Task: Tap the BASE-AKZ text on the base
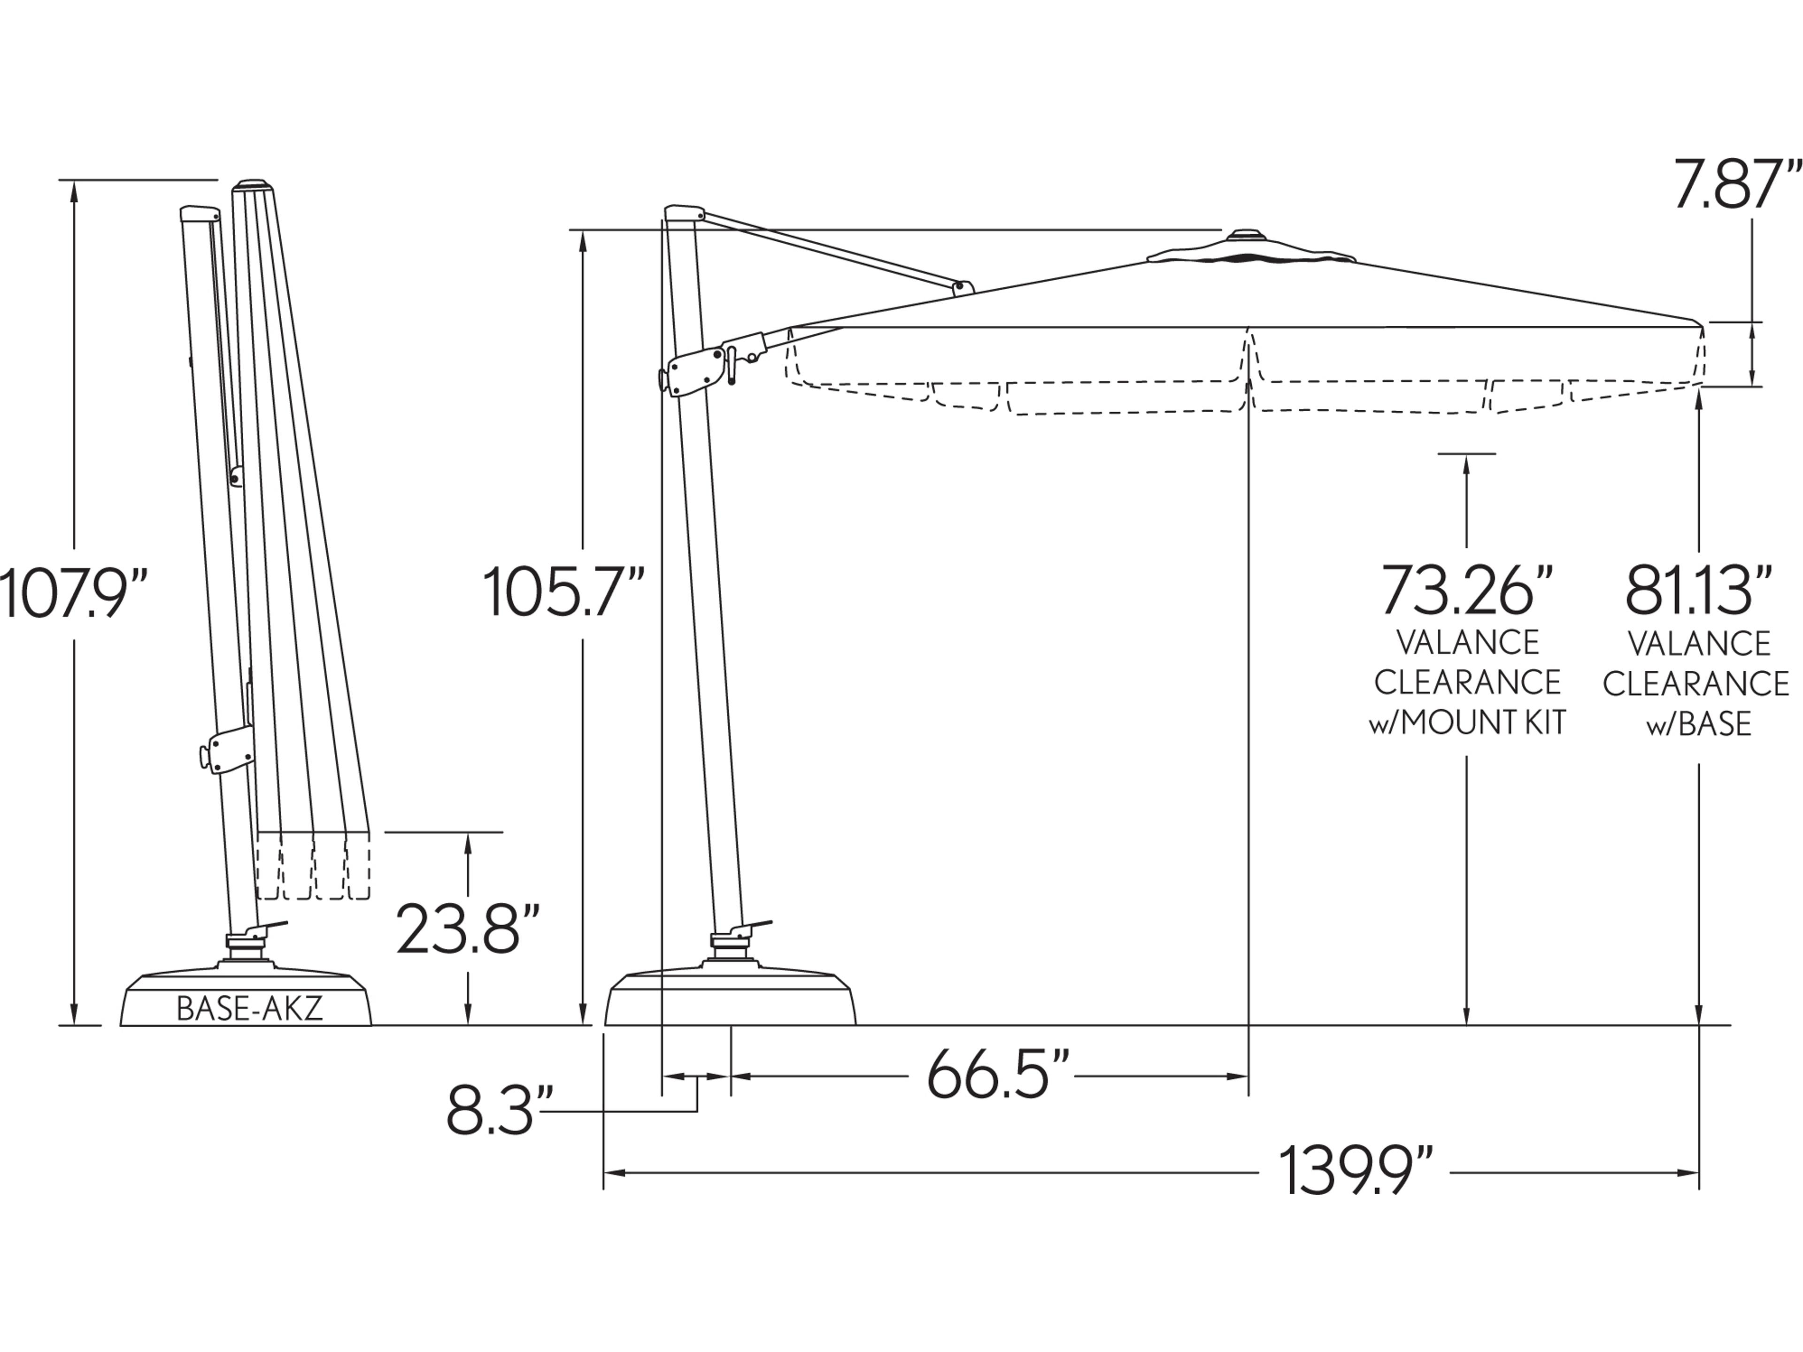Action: pyautogui.click(x=249, y=1009)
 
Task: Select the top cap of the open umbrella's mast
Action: pyautogui.click(x=683, y=212)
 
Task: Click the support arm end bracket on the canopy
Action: pyautogui.click(x=963, y=287)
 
